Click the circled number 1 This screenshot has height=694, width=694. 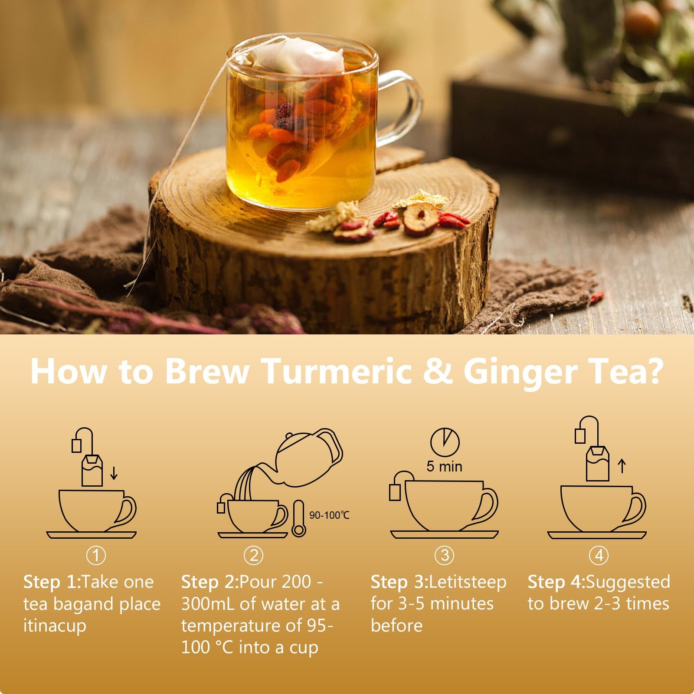point(96,556)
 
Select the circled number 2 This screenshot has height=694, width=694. point(254,556)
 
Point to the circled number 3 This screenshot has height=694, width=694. point(445,556)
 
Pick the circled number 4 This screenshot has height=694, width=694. point(599,556)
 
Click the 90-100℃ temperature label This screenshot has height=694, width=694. point(329,515)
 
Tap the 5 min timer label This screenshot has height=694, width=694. point(444,467)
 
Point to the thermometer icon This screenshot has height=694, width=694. point(299,518)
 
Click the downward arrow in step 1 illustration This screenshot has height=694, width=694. point(114,473)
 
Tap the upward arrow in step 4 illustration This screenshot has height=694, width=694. point(622,466)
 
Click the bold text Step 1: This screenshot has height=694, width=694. point(52,582)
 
